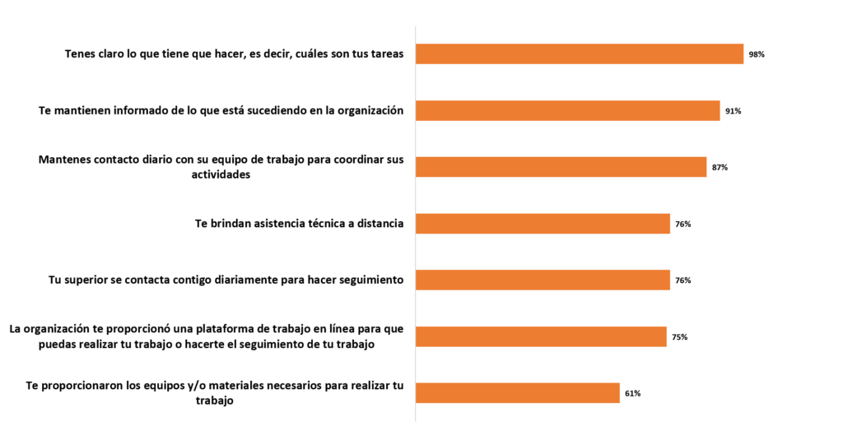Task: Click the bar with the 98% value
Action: click(580, 54)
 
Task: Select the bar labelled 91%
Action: click(568, 111)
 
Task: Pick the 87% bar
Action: click(561, 167)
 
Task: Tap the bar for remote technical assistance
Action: click(543, 224)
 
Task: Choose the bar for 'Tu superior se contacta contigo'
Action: click(543, 280)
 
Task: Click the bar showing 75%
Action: click(541, 336)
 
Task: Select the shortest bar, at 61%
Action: click(517, 393)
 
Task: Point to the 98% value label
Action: click(757, 54)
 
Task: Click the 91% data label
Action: click(733, 111)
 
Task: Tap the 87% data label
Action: click(720, 168)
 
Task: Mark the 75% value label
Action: click(679, 337)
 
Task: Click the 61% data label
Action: click(632, 393)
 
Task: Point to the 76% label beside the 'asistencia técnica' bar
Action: click(682, 224)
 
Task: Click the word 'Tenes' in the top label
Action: click(82, 54)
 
